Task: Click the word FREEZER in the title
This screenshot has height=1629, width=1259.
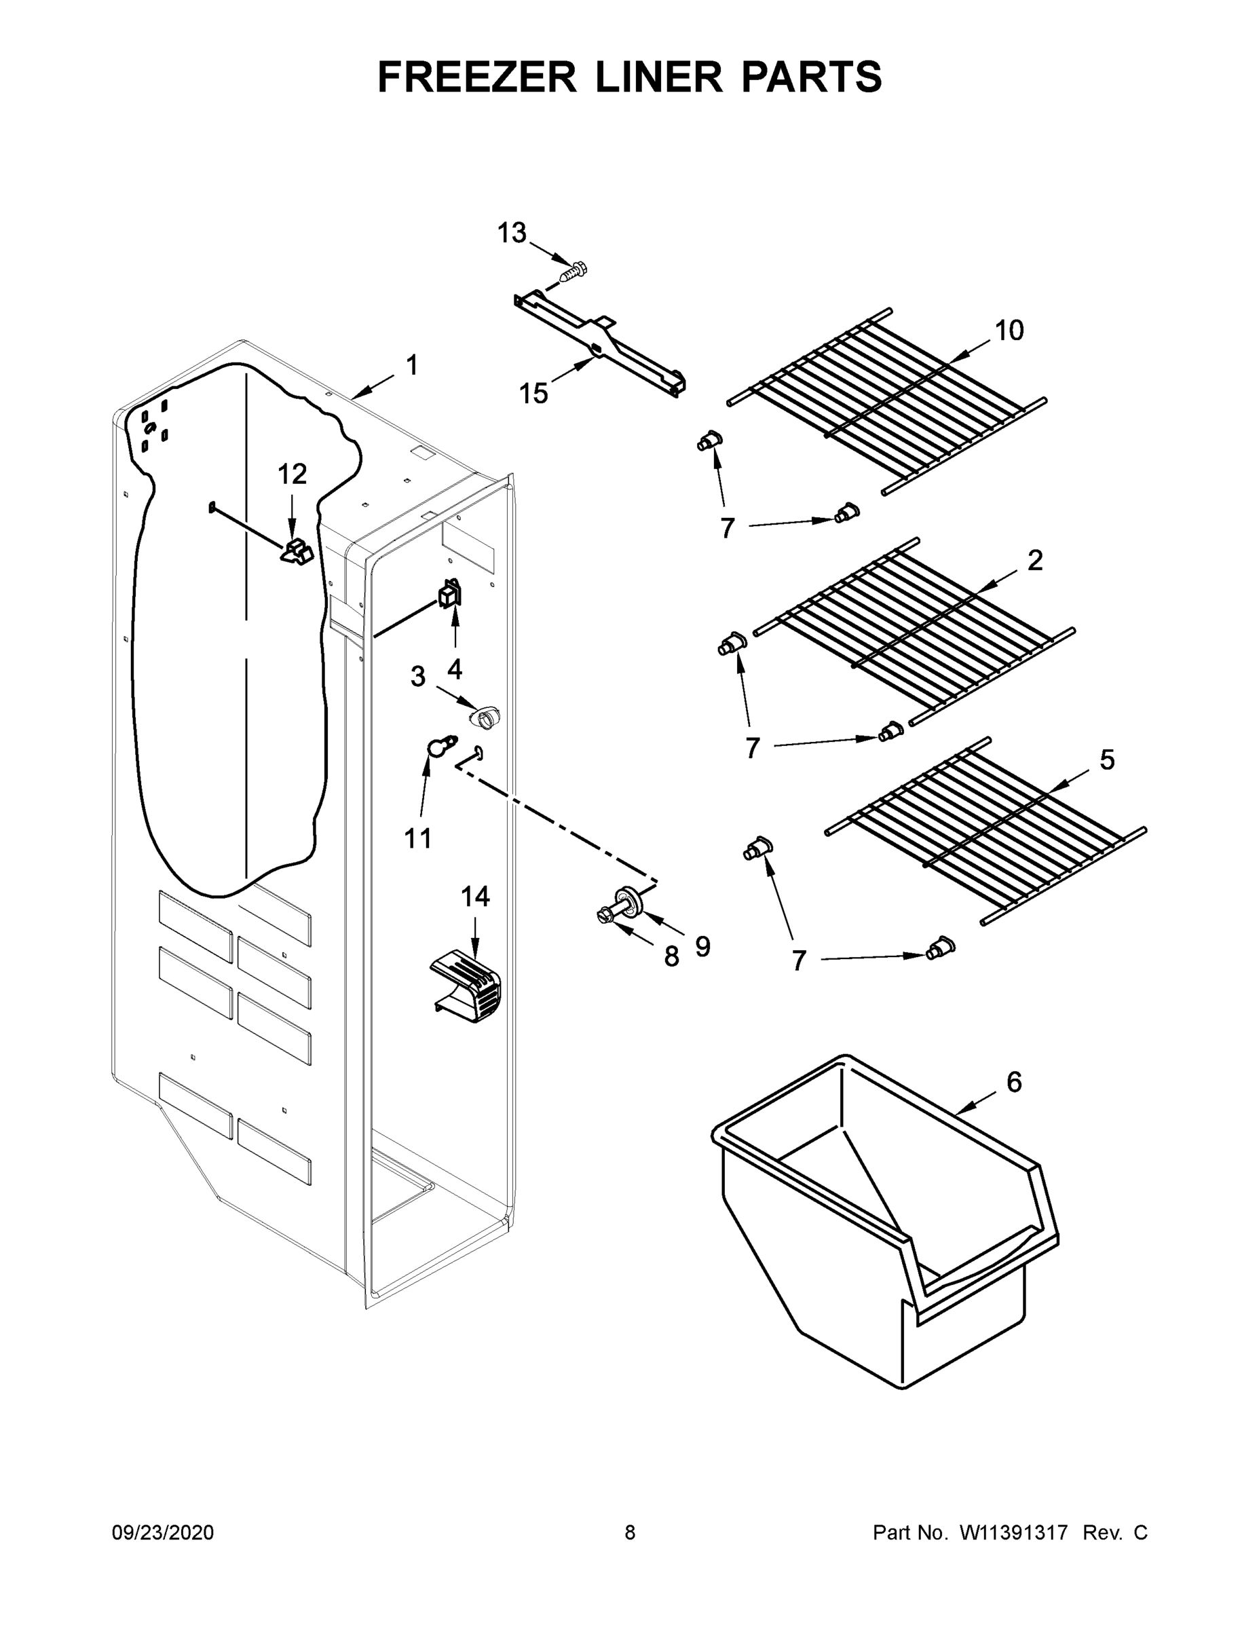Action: click(x=477, y=77)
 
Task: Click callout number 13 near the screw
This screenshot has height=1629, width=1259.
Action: click(x=512, y=233)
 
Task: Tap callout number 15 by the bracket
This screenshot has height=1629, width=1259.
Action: click(x=533, y=393)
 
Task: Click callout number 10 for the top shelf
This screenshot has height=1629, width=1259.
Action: click(x=1009, y=331)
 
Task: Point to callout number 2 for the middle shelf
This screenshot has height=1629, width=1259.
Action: click(x=1034, y=560)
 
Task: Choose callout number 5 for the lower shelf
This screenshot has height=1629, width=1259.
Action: click(x=1107, y=760)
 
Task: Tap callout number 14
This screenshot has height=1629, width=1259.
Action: click(x=475, y=897)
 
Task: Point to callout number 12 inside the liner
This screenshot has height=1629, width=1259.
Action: click(x=292, y=474)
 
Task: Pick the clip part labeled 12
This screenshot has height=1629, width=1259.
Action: click(x=297, y=553)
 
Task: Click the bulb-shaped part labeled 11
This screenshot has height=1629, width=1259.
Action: click(x=440, y=745)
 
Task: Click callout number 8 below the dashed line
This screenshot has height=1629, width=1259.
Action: click(x=671, y=956)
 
